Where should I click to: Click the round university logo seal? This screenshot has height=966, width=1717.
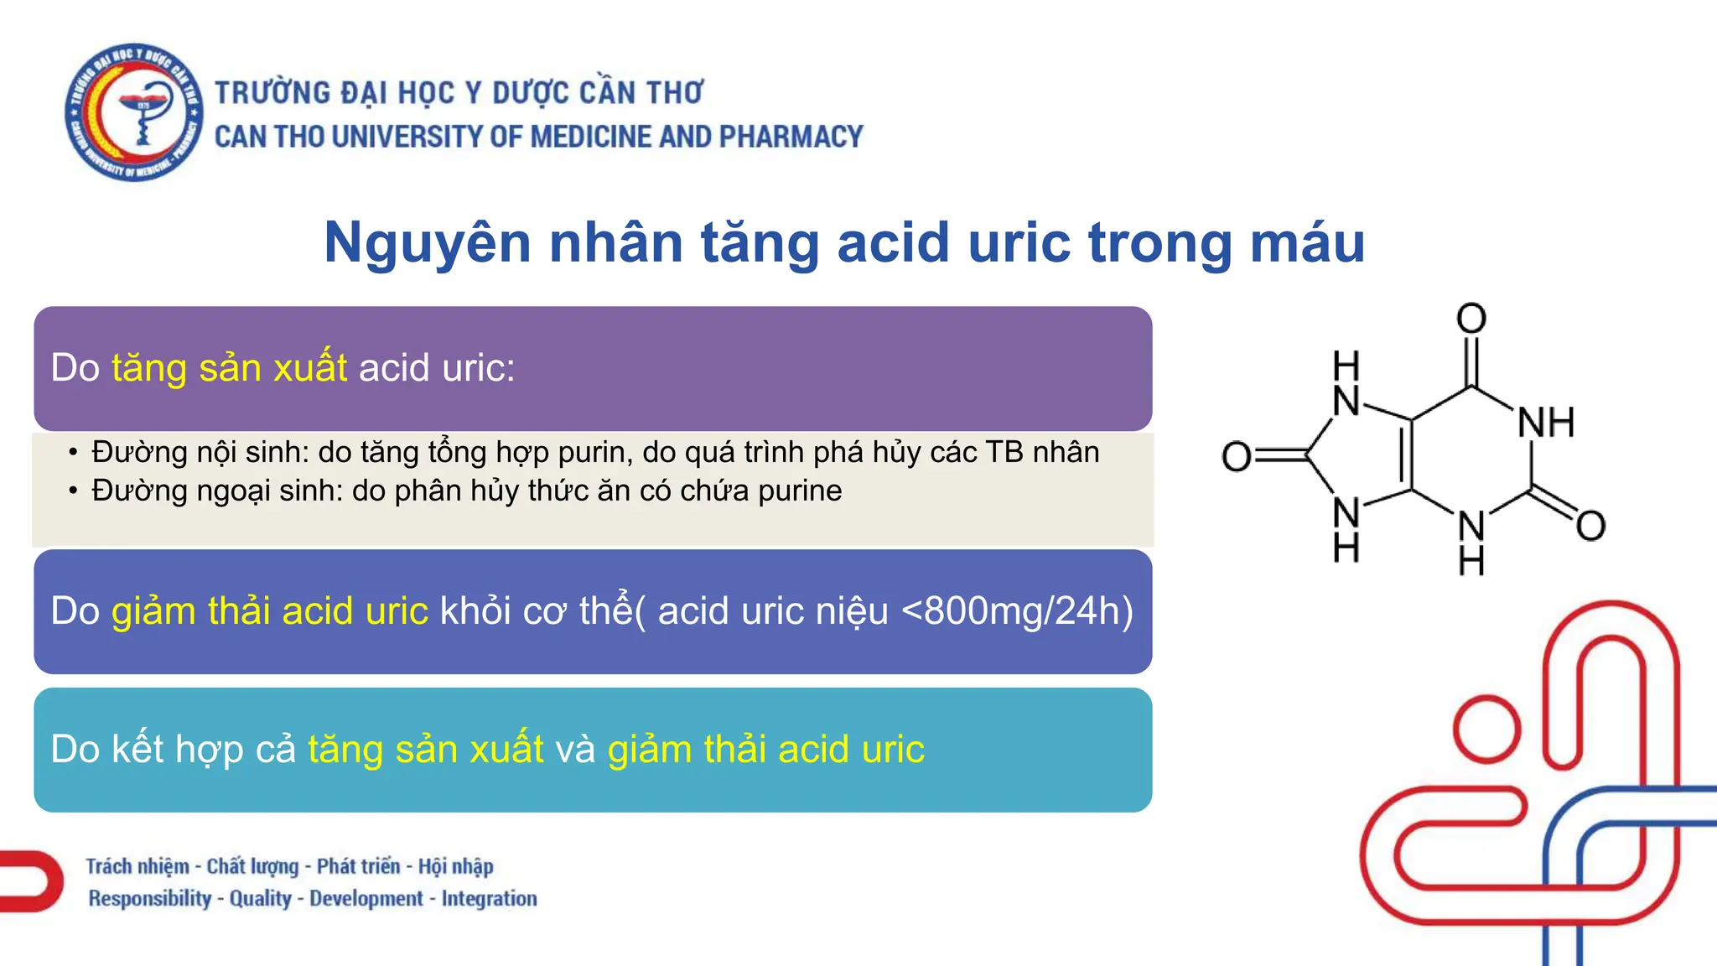point(134,112)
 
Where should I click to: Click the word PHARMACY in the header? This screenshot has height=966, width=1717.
point(791,137)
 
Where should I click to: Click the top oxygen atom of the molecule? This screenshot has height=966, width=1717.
point(1471,319)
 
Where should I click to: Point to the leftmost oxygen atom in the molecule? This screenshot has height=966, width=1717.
point(1237,456)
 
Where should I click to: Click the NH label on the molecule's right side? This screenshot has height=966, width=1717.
point(1546,423)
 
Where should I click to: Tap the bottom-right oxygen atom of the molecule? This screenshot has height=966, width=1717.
point(1590,526)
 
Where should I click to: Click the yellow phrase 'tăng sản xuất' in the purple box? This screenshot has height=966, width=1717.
point(230,368)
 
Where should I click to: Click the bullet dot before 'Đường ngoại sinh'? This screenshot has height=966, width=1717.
point(74,491)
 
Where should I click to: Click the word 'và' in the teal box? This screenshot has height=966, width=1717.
point(575,749)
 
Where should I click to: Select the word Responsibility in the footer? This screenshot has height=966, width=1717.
point(150,899)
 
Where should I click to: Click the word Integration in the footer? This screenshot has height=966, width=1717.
point(489,899)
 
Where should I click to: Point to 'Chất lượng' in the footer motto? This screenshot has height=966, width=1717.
point(252,866)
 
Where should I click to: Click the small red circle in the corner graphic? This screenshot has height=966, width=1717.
point(1487,729)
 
